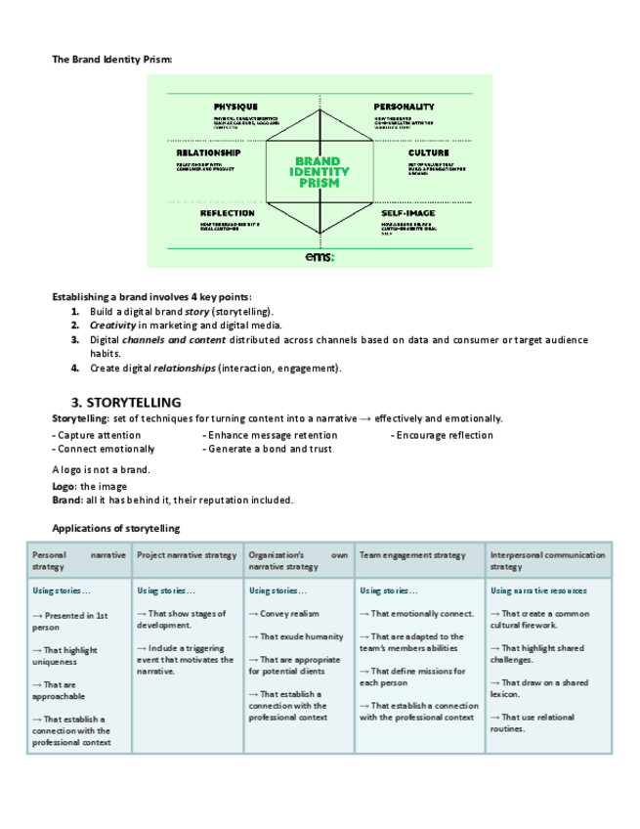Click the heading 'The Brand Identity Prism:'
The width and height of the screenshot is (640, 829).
click(111, 60)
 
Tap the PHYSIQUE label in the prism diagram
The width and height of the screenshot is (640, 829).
click(235, 106)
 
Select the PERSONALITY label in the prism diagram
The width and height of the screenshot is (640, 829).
click(404, 106)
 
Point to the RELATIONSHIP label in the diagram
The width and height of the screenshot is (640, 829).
click(208, 153)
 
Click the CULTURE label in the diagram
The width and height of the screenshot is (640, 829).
click(429, 153)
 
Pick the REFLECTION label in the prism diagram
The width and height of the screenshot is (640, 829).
click(228, 213)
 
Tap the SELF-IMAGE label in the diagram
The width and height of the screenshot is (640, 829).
click(408, 213)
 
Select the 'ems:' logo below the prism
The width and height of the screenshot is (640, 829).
click(320, 256)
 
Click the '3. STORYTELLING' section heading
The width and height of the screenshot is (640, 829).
click(126, 402)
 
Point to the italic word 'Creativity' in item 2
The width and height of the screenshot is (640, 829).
click(112, 325)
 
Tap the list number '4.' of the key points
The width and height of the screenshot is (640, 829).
click(75, 369)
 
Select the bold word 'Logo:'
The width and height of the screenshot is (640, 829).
click(64, 486)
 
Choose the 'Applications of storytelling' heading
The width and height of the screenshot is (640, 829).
click(115, 528)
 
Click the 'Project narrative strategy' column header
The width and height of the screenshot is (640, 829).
click(187, 555)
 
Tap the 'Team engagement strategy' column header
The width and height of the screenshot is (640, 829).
click(412, 555)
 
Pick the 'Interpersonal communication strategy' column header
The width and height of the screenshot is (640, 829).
click(547, 560)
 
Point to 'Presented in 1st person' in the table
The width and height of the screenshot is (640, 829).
click(73, 622)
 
